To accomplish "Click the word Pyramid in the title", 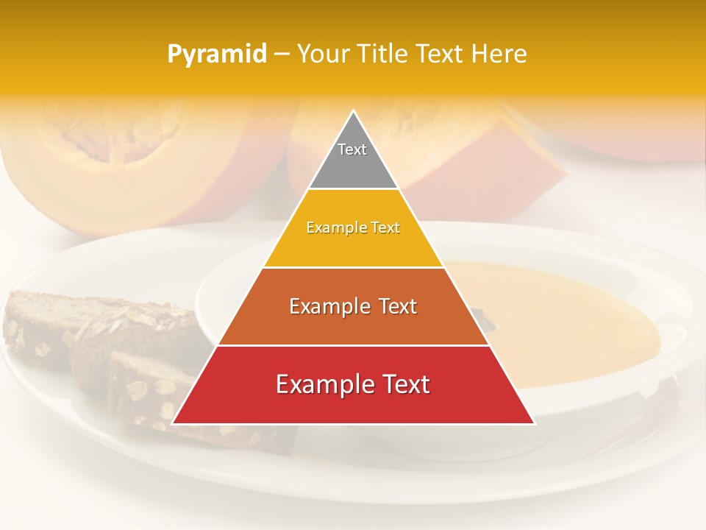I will pyautogui.click(x=216, y=54).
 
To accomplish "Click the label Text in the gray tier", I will pyautogui.click(x=352, y=149).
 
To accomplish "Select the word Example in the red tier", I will pyautogui.click(x=323, y=384).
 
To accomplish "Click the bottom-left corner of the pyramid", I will pyautogui.click(x=174, y=423).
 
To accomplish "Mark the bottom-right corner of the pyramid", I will pyautogui.click(x=533, y=423).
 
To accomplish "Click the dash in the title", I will pyautogui.click(x=281, y=54).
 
